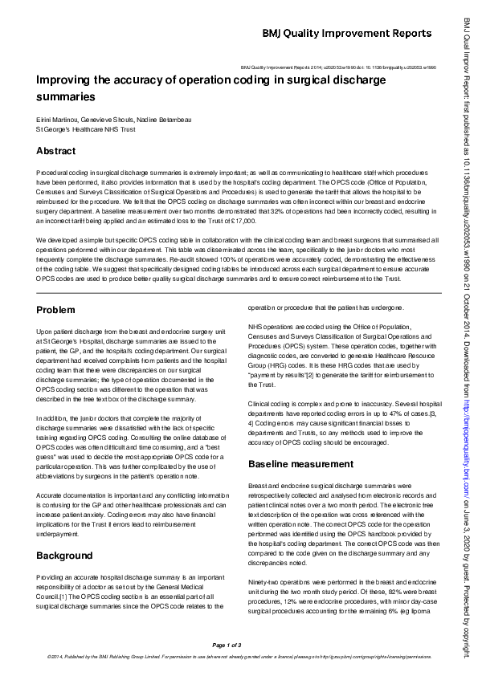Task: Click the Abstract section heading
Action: (x=55, y=151)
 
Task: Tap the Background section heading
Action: (x=64, y=556)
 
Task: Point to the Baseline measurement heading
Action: (x=300, y=464)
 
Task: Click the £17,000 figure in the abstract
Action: (x=242, y=219)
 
